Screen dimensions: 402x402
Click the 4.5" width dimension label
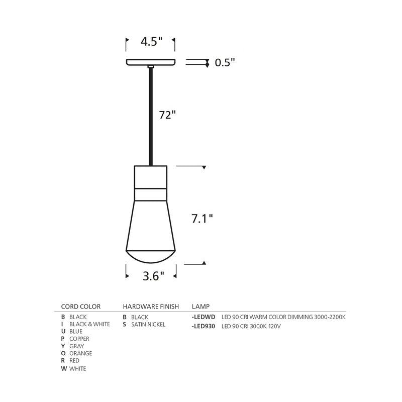(x=151, y=42)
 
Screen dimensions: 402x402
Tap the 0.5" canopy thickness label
(x=225, y=63)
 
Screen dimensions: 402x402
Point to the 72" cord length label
(x=167, y=115)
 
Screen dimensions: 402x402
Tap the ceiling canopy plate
(x=150, y=62)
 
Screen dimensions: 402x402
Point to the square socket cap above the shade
(x=150, y=176)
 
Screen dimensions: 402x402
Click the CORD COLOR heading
(x=81, y=307)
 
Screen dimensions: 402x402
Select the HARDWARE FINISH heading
(x=151, y=307)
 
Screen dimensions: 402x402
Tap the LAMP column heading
(x=201, y=307)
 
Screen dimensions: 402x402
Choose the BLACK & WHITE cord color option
(x=89, y=324)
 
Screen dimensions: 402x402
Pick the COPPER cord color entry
(x=79, y=339)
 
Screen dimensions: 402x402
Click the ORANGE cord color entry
(x=80, y=353)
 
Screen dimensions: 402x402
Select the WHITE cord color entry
(x=77, y=368)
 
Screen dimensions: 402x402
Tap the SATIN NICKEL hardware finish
(x=148, y=324)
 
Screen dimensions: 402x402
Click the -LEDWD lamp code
(x=204, y=317)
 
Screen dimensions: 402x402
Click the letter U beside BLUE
(x=63, y=332)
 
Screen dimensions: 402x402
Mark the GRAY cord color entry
(x=77, y=346)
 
